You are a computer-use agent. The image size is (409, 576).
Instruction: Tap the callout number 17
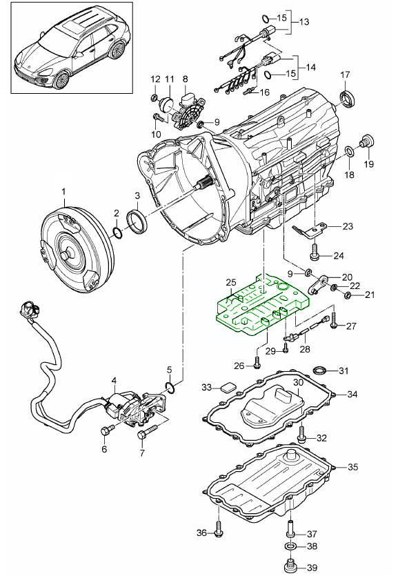click(x=345, y=75)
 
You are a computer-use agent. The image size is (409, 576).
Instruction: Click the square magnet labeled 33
click(x=228, y=388)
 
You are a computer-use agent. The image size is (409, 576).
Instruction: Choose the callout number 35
click(x=352, y=467)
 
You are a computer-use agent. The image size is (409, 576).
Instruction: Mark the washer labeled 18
click(x=350, y=151)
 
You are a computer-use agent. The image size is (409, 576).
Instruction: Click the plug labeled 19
click(x=366, y=143)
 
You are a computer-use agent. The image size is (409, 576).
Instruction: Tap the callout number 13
click(x=303, y=21)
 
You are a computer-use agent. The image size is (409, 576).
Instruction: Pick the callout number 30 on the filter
click(x=298, y=382)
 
